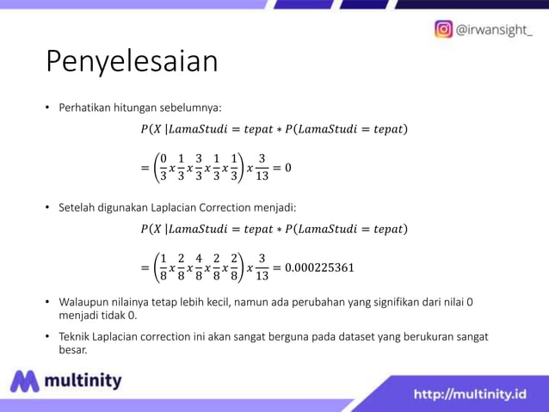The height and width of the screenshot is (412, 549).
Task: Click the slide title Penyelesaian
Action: [132, 62]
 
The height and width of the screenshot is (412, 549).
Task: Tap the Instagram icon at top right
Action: [443, 29]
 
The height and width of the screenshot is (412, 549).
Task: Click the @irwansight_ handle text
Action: [495, 30]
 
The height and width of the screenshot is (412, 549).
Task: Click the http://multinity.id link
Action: [470, 394]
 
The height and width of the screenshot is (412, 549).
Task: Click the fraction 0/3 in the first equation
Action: [163, 168]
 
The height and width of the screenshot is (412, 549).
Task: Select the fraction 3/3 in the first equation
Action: [200, 168]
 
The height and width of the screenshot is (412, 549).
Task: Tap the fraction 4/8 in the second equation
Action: [200, 267]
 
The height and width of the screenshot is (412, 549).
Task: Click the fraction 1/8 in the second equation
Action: [163, 267]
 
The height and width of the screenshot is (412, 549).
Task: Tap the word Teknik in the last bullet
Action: [76, 336]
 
